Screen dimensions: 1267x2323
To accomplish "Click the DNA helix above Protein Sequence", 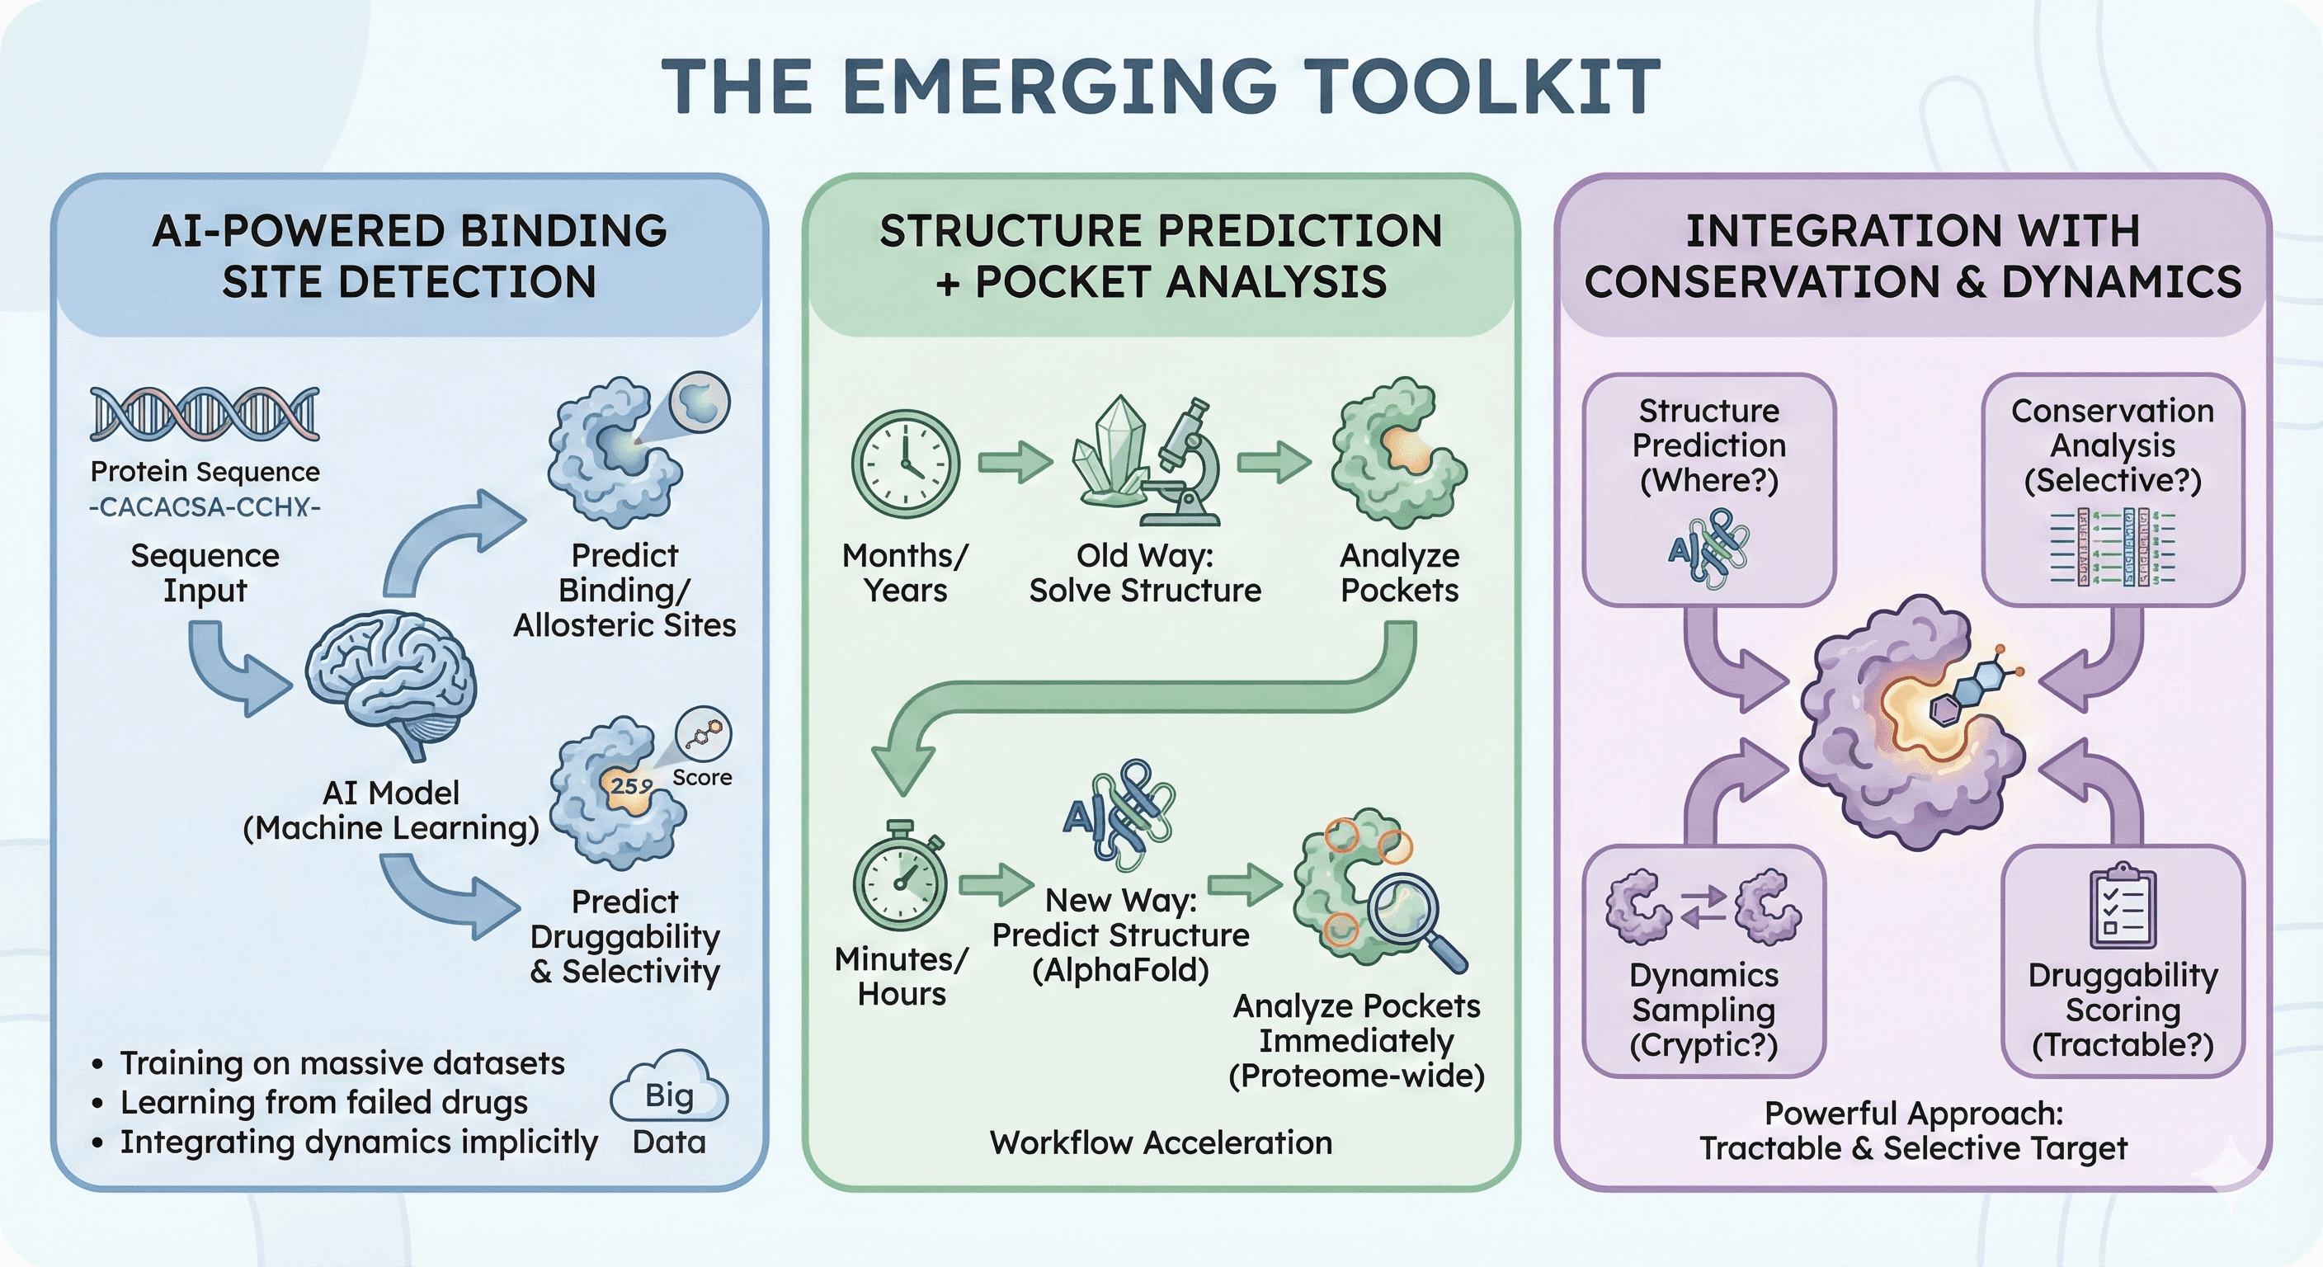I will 205,414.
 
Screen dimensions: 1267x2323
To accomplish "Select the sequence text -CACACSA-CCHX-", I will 205,506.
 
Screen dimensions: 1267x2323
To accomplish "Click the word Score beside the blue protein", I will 701,777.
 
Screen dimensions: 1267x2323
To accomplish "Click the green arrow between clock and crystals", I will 1015,463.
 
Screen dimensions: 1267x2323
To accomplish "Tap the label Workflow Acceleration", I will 1161,1142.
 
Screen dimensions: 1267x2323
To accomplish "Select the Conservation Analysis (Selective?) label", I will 2112,445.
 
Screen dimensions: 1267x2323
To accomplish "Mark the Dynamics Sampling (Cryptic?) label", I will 1703,1009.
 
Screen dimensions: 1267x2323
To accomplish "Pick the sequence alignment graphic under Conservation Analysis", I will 2112,547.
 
